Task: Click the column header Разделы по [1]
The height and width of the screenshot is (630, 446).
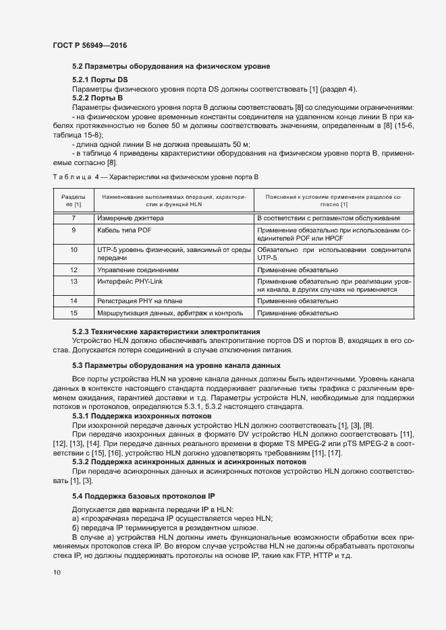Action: tap(74, 199)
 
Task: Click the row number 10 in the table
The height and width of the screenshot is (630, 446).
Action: tap(74, 249)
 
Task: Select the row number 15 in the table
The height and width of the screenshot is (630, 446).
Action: tap(74, 313)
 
